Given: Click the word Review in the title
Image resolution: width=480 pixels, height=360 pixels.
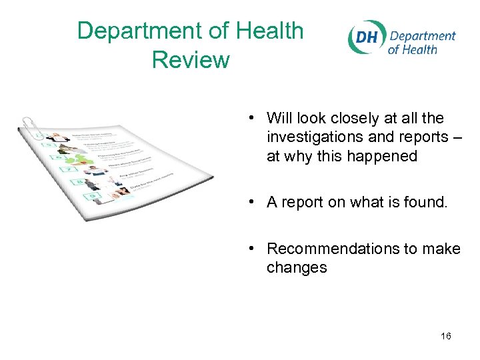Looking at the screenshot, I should pyautogui.click(x=191, y=60).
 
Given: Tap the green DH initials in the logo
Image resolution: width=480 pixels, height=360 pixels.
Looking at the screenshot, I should pyautogui.click(x=366, y=37).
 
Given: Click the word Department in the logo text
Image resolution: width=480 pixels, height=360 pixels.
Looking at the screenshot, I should pyautogui.click(x=422, y=36).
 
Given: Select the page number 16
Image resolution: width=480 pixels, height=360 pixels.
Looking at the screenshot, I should pyautogui.click(x=445, y=336).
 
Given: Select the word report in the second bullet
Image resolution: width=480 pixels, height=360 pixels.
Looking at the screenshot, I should pyautogui.click(x=301, y=203).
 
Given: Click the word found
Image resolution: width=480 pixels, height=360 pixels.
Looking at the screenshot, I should pyautogui.click(x=428, y=203).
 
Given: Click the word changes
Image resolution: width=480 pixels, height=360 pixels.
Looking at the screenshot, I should pyautogui.click(x=297, y=268).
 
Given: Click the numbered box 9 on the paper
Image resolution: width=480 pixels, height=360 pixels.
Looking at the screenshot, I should pyautogui.click(x=92, y=198).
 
